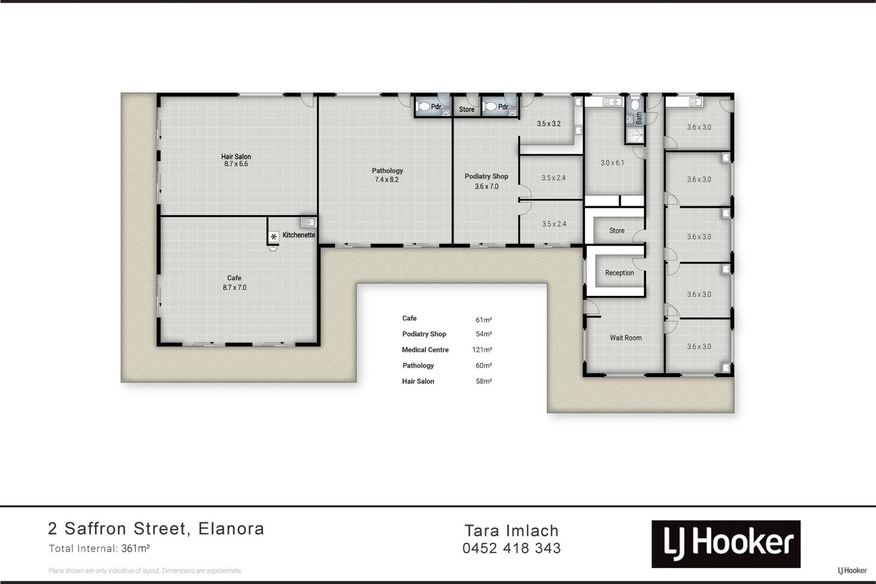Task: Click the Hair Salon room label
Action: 236,157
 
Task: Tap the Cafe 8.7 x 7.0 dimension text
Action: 235,288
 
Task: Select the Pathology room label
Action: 387,171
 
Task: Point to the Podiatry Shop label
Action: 486,176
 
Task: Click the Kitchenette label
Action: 299,235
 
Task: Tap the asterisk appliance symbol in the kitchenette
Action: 273,237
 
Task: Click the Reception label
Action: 619,273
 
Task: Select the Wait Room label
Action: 626,338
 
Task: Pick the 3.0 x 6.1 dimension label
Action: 612,163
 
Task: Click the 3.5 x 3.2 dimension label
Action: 548,124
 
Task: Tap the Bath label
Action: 639,118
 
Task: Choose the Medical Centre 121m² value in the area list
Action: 482,350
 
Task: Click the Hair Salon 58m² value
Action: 484,381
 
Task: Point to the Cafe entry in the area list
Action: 409,318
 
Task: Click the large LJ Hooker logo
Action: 726,544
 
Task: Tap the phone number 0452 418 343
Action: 511,548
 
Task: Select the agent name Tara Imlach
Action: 511,531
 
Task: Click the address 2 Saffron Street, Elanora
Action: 156,529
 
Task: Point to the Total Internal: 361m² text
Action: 99,548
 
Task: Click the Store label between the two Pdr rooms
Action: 466,110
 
